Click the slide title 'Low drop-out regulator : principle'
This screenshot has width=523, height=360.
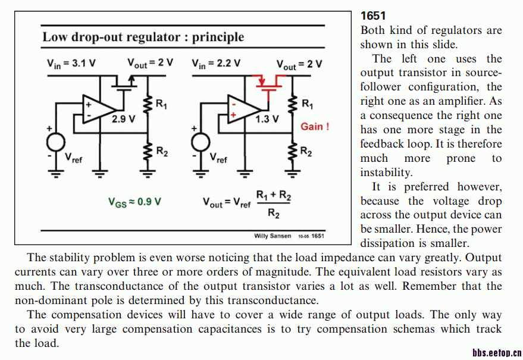tap(143, 37)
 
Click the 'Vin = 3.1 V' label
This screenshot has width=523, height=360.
tap(71, 63)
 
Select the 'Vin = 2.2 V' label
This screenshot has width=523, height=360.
tap(216, 63)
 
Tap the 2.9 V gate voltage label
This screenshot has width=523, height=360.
tap(124, 119)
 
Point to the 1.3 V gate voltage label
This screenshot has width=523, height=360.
tap(267, 119)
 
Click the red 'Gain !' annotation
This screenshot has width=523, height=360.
tap(315, 126)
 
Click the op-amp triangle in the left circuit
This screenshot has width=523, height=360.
tap(98, 108)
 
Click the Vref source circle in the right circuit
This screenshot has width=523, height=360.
tap(201, 143)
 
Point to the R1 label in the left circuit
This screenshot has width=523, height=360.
tap(161, 104)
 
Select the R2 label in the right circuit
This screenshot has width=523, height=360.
tap(306, 152)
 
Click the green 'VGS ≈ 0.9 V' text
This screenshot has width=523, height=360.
tap(134, 202)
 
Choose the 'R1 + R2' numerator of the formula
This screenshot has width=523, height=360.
tap(273, 195)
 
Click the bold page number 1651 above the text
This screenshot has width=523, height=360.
tap(373, 15)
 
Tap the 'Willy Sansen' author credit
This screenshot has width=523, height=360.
tap(273, 236)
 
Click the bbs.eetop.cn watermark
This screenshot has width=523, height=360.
tap(497, 353)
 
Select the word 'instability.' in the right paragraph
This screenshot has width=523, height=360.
tap(386, 173)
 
